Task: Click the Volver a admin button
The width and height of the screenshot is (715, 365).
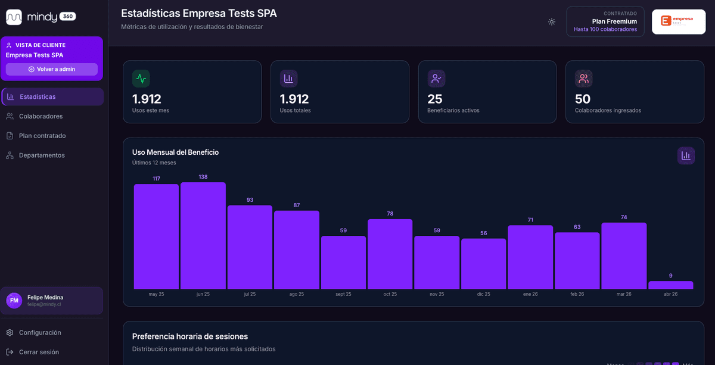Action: point(51,69)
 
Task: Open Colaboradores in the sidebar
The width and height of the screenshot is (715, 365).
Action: point(41,116)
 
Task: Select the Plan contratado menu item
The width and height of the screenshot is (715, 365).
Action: point(42,136)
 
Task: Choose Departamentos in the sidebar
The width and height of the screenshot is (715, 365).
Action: point(42,155)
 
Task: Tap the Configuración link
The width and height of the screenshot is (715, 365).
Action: point(40,332)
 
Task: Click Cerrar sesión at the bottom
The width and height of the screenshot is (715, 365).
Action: point(39,352)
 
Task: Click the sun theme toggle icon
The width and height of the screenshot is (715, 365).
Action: point(552,22)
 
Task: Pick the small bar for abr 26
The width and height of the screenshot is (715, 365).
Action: point(670,285)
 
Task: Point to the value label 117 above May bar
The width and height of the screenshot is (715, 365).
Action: point(156,179)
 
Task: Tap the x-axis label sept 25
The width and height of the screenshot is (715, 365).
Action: point(343,294)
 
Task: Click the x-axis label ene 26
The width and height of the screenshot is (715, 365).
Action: point(530,294)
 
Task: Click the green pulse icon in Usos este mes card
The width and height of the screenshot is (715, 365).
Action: point(141,79)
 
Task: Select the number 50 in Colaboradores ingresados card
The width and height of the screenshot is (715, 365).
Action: point(583,99)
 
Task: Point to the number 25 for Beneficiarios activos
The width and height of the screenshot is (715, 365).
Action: point(435,99)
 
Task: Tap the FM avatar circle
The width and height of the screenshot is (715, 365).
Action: point(14,301)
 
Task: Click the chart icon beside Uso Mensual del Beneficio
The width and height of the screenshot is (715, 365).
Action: point(686,155)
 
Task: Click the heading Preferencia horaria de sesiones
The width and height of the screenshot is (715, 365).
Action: point(190,336)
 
